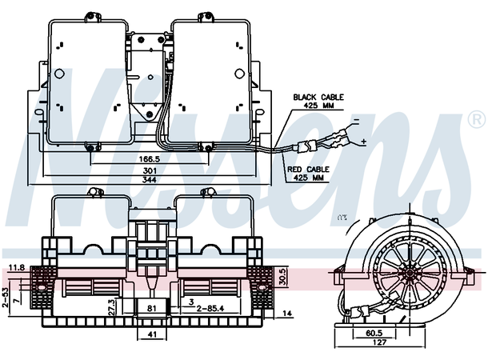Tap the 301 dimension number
(x=150, y=170)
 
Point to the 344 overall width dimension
(x=150, y=180)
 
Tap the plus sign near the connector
(x=364, y=142)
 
